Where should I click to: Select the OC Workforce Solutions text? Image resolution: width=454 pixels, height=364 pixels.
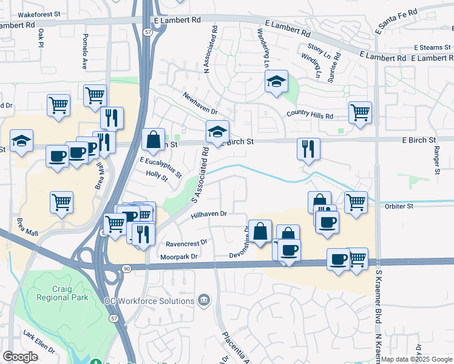pos(149,301)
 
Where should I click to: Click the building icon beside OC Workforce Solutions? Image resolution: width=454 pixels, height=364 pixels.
pos(204,301)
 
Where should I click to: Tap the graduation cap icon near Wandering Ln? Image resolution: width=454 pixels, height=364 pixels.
pos(276,83)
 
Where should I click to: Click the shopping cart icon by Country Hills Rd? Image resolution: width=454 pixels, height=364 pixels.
pos(360,112)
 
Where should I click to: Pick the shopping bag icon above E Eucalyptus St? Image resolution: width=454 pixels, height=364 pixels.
pos(154,140)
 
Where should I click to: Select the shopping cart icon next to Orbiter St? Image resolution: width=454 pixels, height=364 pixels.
pos(356,201)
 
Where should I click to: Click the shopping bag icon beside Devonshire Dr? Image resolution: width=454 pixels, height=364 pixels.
pos(260,231)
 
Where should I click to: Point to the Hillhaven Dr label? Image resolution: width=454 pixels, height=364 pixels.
pos(208,214)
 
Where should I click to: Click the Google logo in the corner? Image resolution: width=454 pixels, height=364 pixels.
pos(21,357)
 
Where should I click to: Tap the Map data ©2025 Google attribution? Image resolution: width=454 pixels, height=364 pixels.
pos(416,359)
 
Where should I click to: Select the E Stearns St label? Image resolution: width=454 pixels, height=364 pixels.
pos(433,47)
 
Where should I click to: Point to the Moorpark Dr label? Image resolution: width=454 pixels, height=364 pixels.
pos(181,257)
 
